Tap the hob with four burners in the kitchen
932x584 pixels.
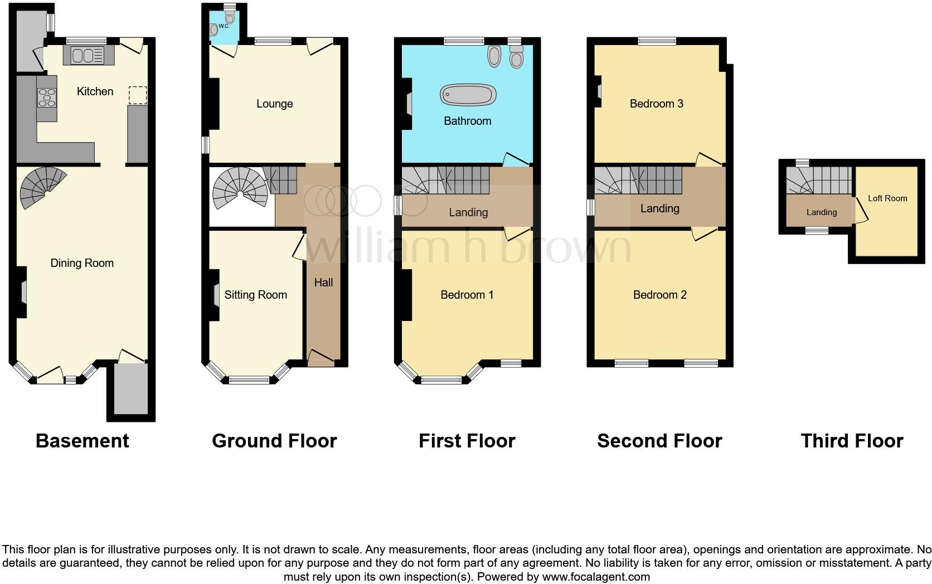click(x=47, y=98)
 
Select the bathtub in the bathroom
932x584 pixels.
click(x=468, y=95)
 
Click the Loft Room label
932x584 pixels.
click(x=887, y=198)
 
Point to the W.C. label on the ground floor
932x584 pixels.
click(x=224, y=26)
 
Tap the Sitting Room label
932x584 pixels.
click(x=255, y=295)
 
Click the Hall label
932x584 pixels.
click(x=323, y=283)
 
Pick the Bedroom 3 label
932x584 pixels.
click(x=656, y=104)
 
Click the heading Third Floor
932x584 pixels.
click(x=851, y=441)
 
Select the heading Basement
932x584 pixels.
click(x=82, y=441)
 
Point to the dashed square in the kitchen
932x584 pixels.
click(x=138, y=95)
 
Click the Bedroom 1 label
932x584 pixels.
click(x=467, y=295)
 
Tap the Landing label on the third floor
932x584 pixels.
click(x=821, y=212)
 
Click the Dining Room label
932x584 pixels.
click(x=82, y=263)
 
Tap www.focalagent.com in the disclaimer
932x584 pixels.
click(x=596, y=577)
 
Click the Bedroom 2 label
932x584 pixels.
click(x=659, y=295)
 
